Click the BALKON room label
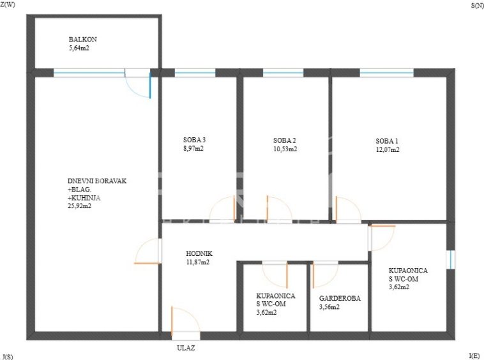tap(83, 40)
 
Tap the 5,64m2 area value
tap(79, 48)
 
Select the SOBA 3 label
tap(195, 140)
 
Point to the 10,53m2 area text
tap(285, 149)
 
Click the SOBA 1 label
tap(387, 141)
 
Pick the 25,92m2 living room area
tap(79, 206)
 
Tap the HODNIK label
tap(199, 253)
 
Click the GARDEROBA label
tap(340, 298)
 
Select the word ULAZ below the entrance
tap(186, 348)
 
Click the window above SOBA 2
tap(283, 73)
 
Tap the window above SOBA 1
tap(386, 73)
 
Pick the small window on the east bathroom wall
tap(451, 259)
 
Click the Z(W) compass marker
tap(8, 4)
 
